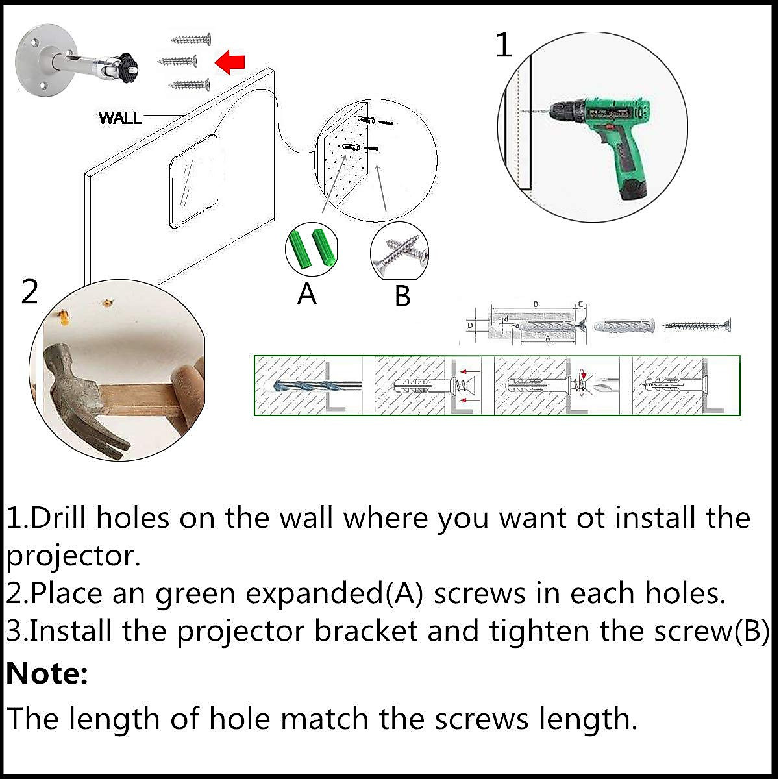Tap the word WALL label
point(120,118)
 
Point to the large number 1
point(504,46)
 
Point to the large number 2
point(30,292)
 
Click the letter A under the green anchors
point(306,294)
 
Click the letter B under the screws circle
point(402,296)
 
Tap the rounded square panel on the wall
point(192,181)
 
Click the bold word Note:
point(47,673)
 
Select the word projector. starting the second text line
point(73,556)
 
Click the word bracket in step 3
point(365,631)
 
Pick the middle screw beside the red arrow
point(177,61)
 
